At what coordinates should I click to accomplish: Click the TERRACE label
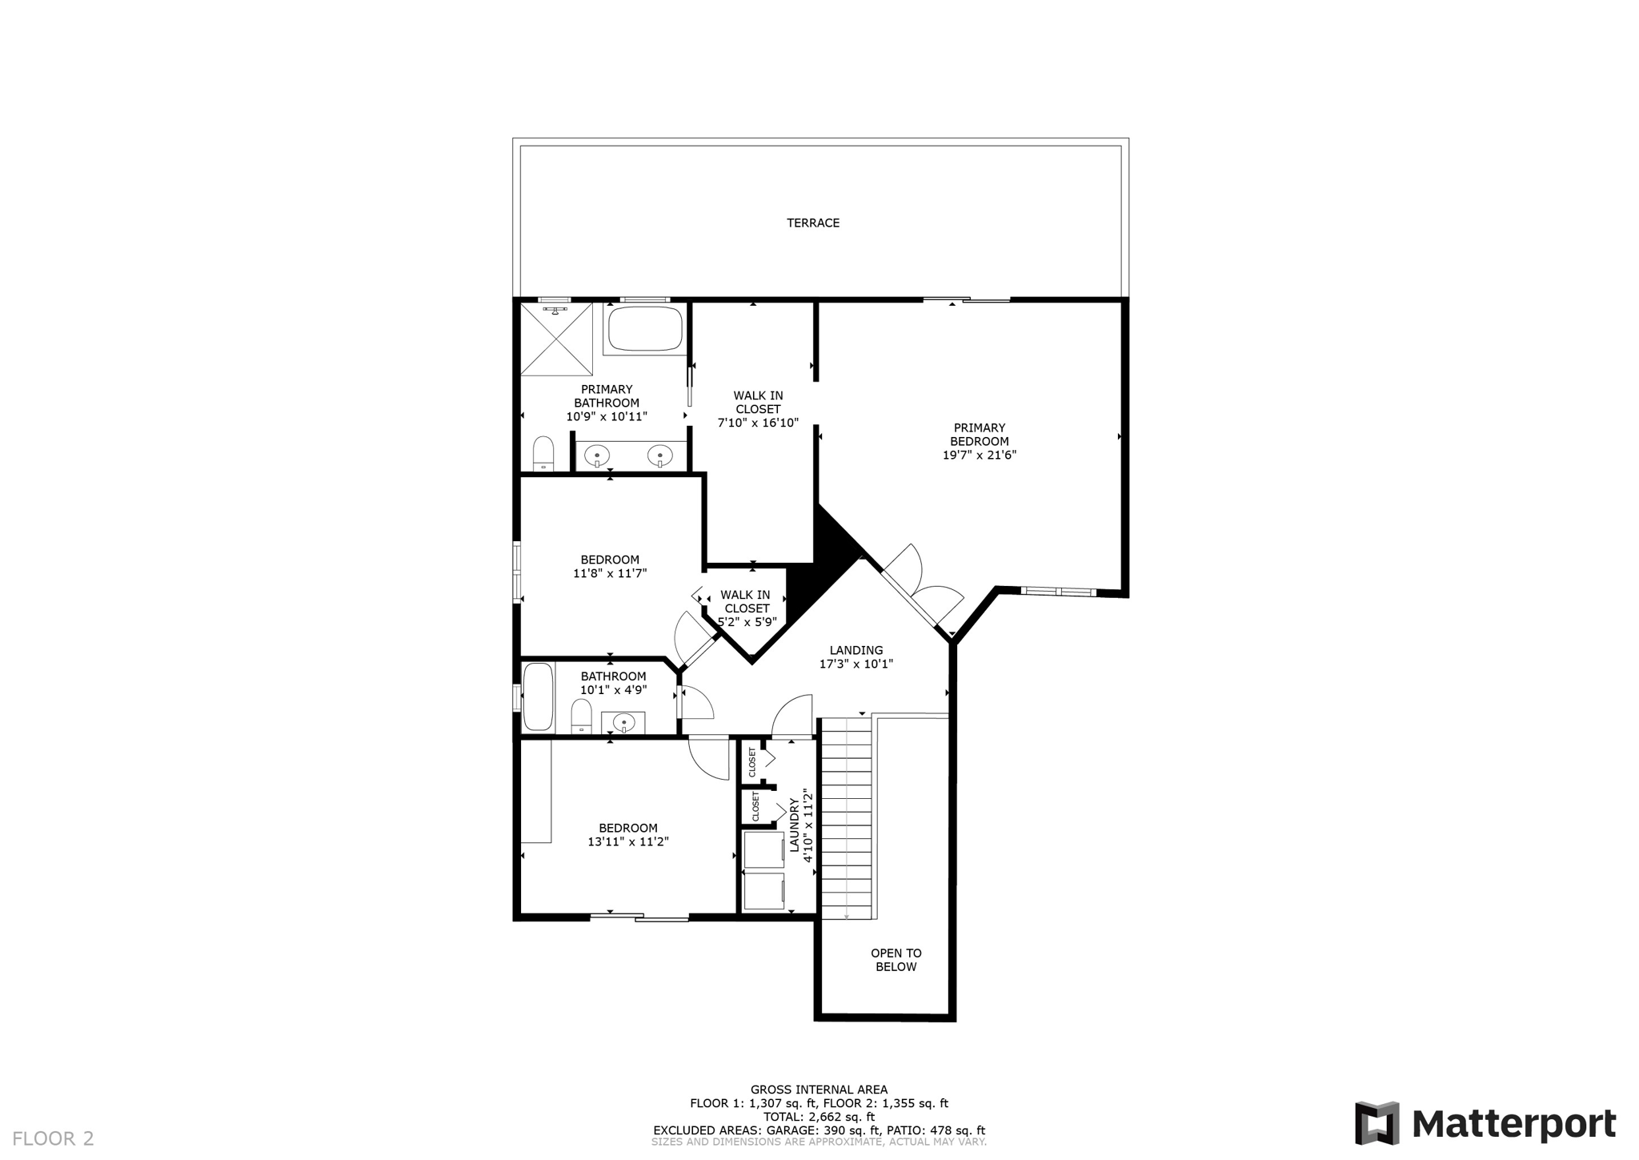click(x=813, y=223)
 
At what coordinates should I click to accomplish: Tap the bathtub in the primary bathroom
click(x=645, y=328)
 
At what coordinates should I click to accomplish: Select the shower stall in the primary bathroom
click(x=556, y=339)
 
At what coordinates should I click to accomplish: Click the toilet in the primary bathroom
click(x=543, y=454)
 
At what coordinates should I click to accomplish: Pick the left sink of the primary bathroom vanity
click(x=597, y=457)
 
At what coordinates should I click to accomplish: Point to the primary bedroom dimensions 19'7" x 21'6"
click(x=980, y=455)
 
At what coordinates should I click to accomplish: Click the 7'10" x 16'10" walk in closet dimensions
click(x=758, y=423)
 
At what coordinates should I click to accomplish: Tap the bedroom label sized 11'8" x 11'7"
click(x=610, y=560)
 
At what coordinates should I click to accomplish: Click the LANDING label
click(x=856, y=650)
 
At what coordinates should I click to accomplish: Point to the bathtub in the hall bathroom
click(x=538, y=696)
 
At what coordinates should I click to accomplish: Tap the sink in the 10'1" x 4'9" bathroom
click(x=623, y=723)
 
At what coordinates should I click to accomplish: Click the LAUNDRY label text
click(x=795, y=825)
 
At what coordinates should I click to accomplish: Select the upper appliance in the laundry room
click(x=764, y=850)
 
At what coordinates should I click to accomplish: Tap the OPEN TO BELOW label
click(x=896, y=960)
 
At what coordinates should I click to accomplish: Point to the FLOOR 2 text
click(x=53, y=1138)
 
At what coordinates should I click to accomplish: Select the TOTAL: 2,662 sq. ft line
click(x=819, y=1117)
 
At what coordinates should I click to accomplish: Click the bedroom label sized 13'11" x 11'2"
click(x=628, y=828)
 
